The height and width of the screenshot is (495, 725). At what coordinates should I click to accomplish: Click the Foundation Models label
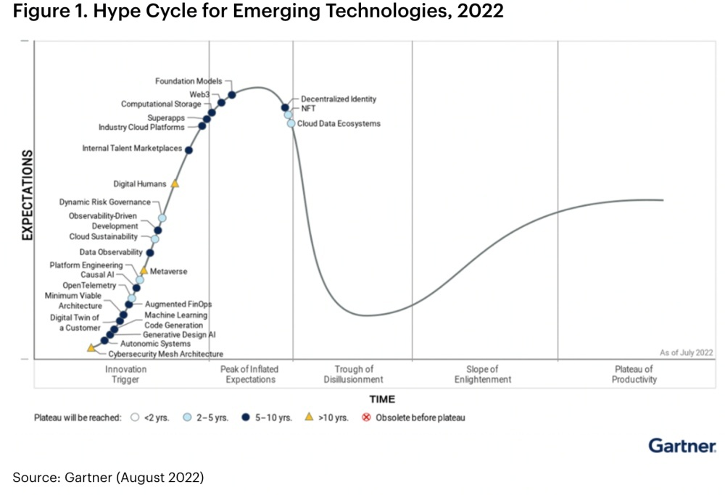[188, 81]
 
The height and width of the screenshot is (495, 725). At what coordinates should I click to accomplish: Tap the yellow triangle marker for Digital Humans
[175, 184]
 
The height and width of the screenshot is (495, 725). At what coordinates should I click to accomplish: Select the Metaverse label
[168, 271]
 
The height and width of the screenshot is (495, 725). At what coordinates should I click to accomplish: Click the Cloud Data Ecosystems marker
[291, 124]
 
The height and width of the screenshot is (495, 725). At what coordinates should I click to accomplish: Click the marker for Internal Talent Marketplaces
[189, 150]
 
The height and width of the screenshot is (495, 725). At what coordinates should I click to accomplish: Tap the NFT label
[308, 108]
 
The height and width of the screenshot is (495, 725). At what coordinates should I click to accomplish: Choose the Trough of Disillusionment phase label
[354, 374]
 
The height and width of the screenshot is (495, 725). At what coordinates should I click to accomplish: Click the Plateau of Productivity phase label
[634, 374]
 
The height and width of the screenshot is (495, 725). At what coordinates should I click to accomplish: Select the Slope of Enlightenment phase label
[483, 374]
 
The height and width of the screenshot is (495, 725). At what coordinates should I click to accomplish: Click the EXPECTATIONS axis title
[28, 196]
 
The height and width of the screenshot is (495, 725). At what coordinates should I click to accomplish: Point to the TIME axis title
[382, 399]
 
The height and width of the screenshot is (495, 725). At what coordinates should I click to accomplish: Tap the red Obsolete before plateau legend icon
[366, 417]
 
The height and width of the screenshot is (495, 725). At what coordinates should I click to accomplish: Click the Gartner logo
[681, 445]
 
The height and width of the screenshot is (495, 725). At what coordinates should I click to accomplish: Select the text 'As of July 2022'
[686, 352]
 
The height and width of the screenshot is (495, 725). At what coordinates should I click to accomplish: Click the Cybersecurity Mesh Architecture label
[165, 354]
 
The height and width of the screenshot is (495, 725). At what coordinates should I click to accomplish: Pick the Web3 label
[199, 94]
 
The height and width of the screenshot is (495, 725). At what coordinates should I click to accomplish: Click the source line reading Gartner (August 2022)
[109, 477]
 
